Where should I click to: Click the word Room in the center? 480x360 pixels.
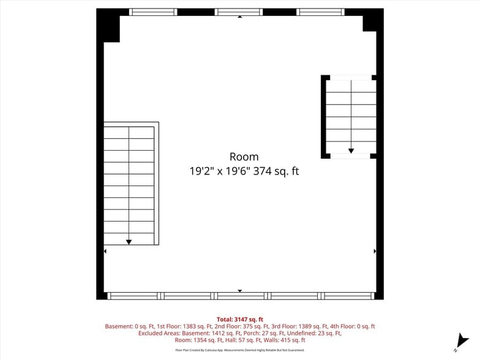tap(244, 157)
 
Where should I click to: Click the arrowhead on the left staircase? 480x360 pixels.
tap(129, 242)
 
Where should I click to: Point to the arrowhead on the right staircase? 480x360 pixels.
tap(351, 150)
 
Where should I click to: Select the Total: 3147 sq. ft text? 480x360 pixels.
tap(239, 320)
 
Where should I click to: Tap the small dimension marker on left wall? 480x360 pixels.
tap(105, 251)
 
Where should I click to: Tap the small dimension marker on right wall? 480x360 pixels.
tap(375, 251)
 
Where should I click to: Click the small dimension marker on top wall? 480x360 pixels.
tap(239, 17)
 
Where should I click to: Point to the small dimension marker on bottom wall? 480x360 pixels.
tap(239, 291)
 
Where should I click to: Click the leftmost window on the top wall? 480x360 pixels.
tap(153, 12)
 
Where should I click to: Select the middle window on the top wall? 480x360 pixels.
tap(239, 12)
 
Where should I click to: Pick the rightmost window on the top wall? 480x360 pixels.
tap(320, 12)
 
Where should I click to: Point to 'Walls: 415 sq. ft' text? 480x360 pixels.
tap(284, 340)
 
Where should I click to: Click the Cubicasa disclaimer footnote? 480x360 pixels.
tap(239, 350)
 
